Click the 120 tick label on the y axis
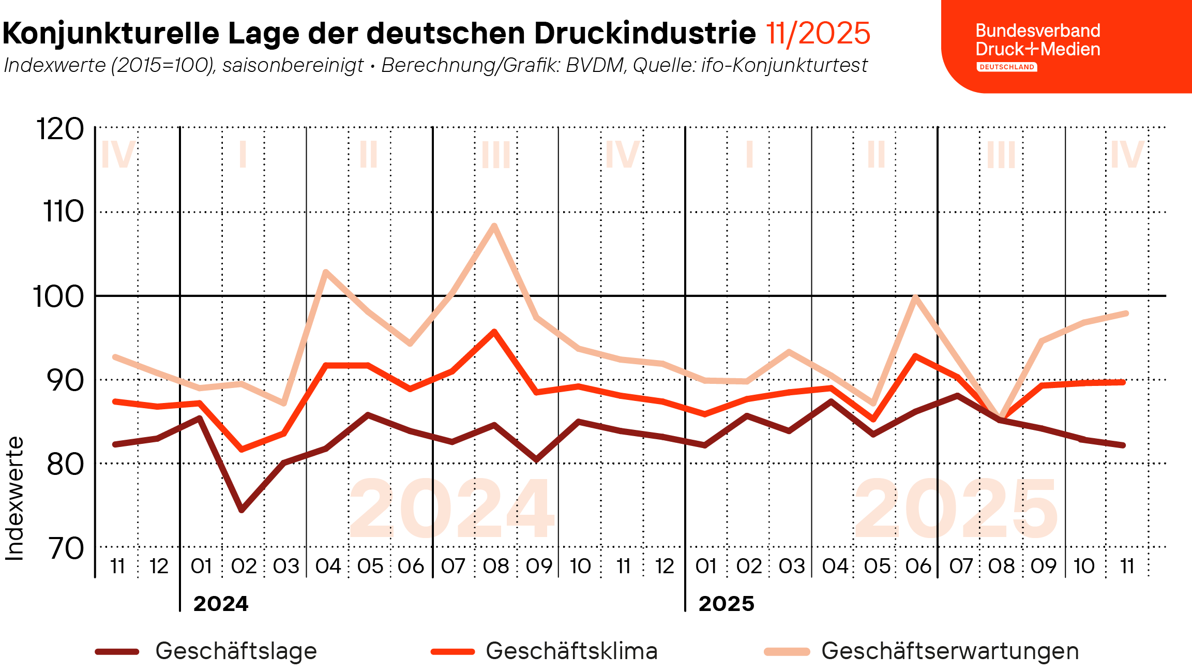point(60,129)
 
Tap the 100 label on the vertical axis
point(58,297)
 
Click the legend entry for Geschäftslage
point(236,651)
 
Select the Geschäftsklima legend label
point(571,651)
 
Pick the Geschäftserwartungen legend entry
point(949,651)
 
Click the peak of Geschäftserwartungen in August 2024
point(494,226)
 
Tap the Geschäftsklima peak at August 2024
point(494,332)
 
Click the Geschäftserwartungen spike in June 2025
point(915,297)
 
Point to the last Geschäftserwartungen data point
point(1126,314)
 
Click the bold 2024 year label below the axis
point(221,604)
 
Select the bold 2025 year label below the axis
point(726,604)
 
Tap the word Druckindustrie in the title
point(645,33)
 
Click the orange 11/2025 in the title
point(818,33)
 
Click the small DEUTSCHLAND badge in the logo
point(1006,67)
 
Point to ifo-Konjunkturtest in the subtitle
point(784,65)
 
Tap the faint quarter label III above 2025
point(1001,155)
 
